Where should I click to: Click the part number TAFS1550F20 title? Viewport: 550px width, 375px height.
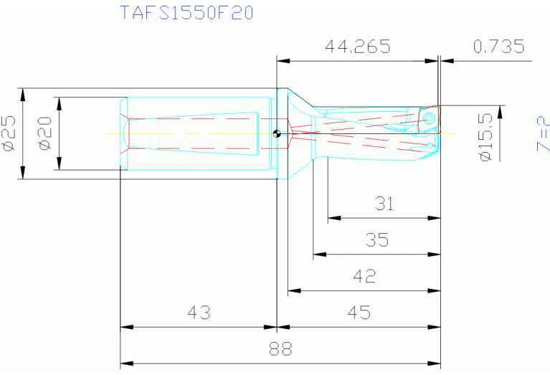(186, 14)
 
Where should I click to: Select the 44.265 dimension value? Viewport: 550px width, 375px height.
(357, 47)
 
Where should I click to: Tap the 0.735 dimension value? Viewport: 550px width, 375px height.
(499, 47)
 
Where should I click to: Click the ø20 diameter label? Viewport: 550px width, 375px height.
(44, 134)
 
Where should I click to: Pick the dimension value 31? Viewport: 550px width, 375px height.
(384, 204)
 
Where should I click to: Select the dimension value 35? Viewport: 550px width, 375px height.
(377, 240)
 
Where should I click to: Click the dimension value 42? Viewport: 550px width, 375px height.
(365, 277)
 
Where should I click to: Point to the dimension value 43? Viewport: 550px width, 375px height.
(199, 313)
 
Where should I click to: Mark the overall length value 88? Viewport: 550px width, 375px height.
(280, 350)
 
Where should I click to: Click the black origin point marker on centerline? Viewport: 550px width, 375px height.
(277, 133)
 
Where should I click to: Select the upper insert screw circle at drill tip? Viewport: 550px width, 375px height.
(429, 118)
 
